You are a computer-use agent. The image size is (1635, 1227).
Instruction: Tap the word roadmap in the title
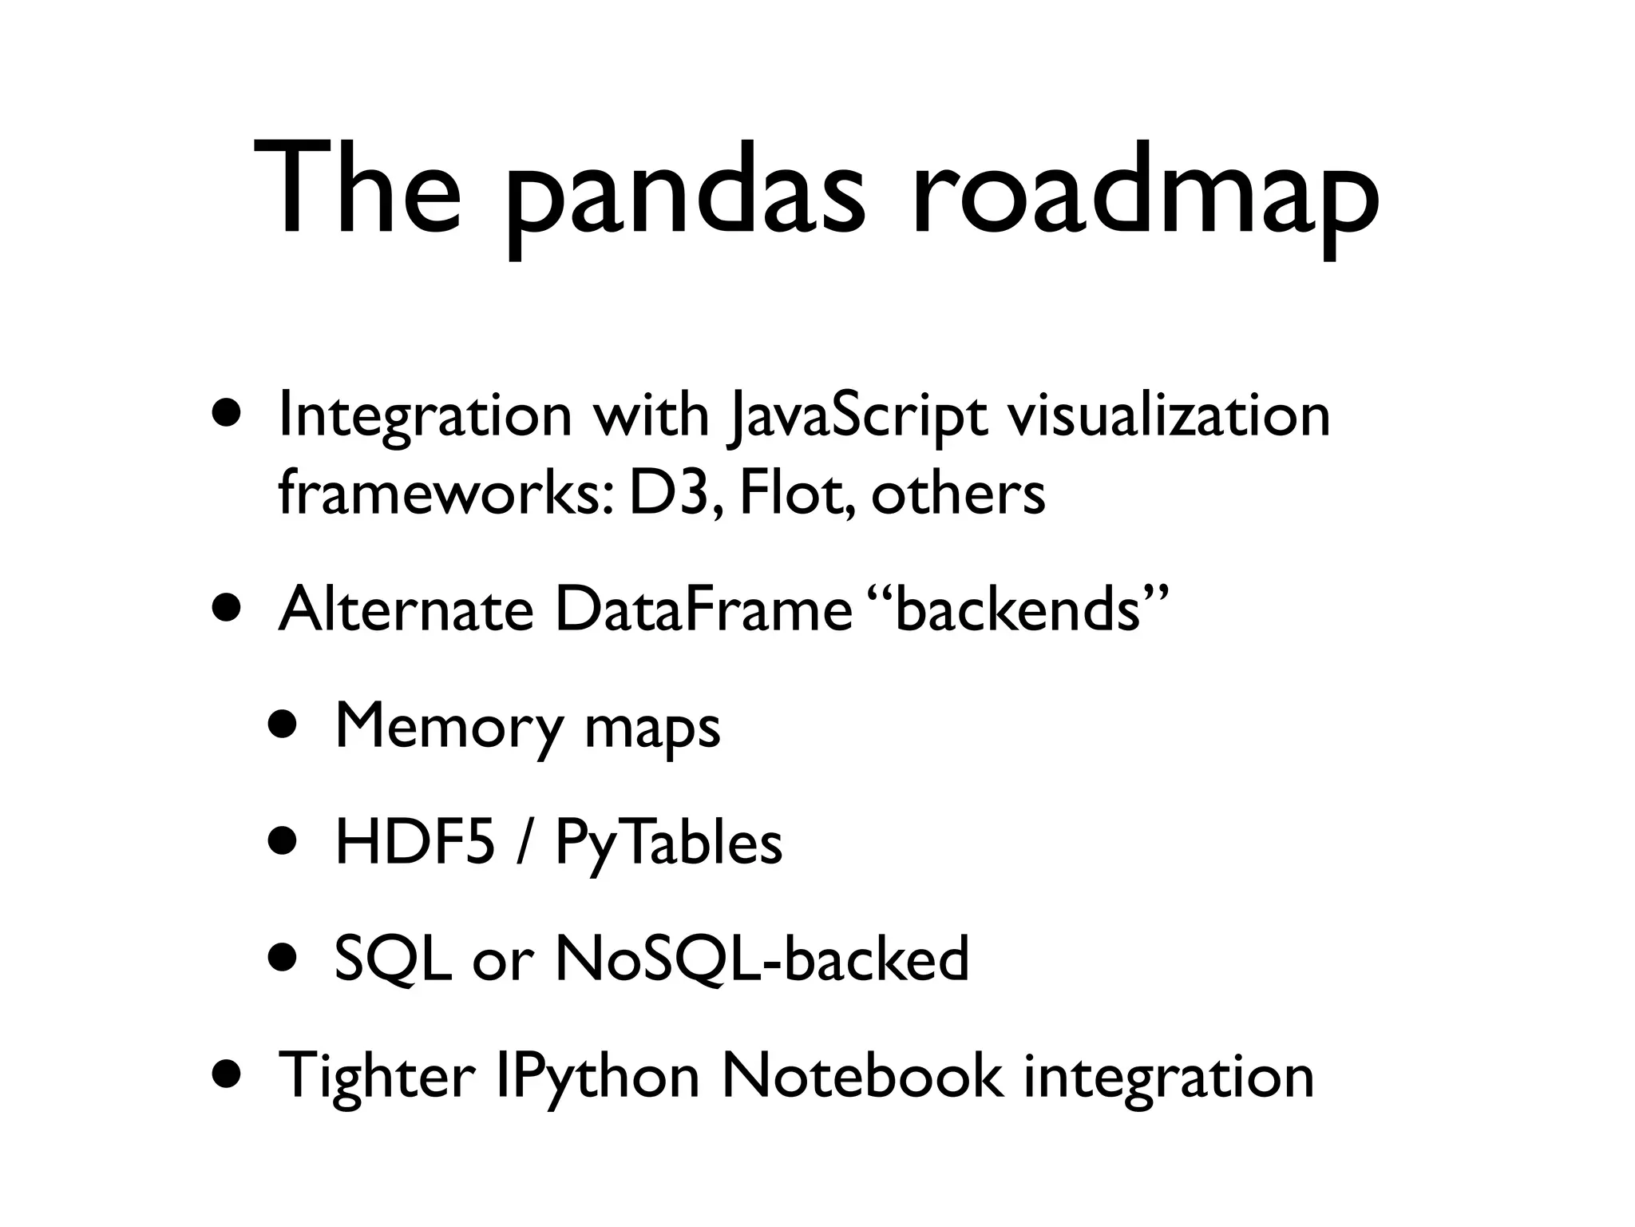1145,196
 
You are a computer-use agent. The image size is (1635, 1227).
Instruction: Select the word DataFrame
703,610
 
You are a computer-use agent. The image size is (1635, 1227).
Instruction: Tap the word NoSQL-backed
762,959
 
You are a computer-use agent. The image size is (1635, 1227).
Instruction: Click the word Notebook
861,1075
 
